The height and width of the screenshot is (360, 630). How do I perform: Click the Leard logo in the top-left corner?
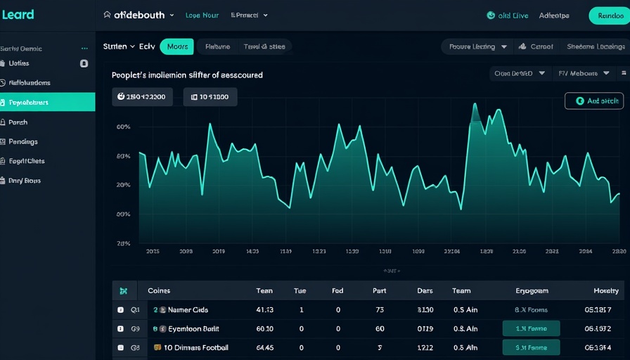[18, 15]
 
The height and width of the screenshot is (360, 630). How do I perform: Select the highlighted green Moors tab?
[177, 46]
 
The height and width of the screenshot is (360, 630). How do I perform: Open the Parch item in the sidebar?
[18, 122]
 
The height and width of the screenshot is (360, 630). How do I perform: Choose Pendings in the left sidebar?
[23, 141]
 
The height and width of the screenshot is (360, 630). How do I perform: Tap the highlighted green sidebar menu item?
[47, 102]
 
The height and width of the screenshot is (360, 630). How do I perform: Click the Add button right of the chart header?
[593, 101]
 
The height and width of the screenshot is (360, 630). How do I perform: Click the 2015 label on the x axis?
[153, 251]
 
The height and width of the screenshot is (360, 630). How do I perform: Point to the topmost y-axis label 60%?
[124, 127]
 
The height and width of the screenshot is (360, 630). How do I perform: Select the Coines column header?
[159, 290]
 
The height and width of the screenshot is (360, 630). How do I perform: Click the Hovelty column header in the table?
[606, 290]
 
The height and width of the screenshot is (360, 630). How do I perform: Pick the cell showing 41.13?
[265, 309]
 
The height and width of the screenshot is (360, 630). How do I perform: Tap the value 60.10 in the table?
[265, 328]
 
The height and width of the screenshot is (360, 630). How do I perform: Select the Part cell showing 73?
[380, 309]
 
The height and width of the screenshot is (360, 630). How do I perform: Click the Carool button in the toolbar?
[536, 46]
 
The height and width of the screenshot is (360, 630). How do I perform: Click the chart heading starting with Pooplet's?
[187, 75]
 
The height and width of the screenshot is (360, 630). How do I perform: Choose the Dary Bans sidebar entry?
[25, 181]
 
